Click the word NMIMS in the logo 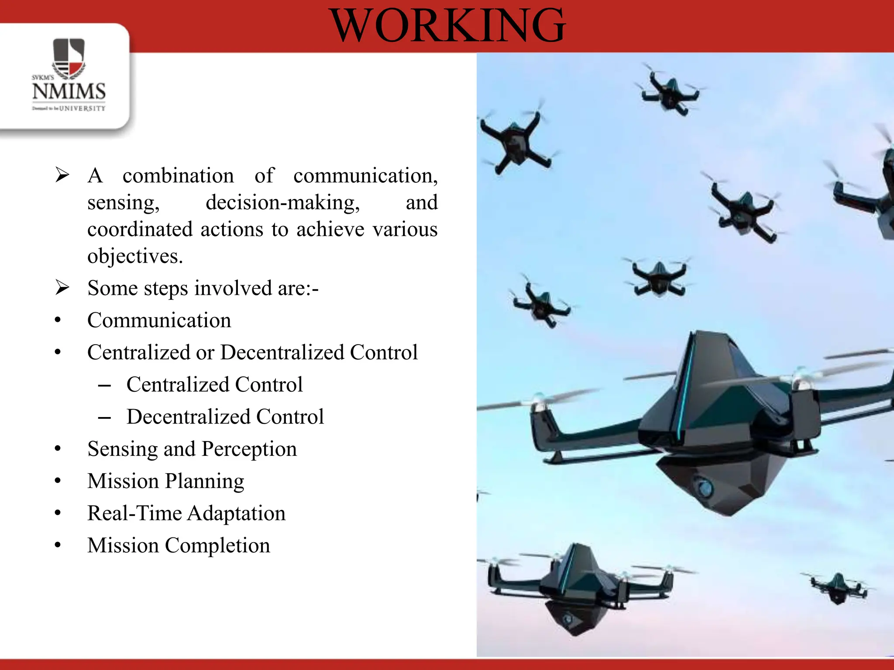(69, 92)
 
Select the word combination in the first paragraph (178, 176)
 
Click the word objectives (134, 256)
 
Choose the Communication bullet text (159, 320)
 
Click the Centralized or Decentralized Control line (252, 352)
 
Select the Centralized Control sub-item (214, 385)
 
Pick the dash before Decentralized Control (104, 417)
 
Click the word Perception (249, 449)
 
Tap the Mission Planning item (165, 481)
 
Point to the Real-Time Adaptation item (186, 513)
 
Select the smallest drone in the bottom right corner (837, 588)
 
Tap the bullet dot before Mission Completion (58, 545)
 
